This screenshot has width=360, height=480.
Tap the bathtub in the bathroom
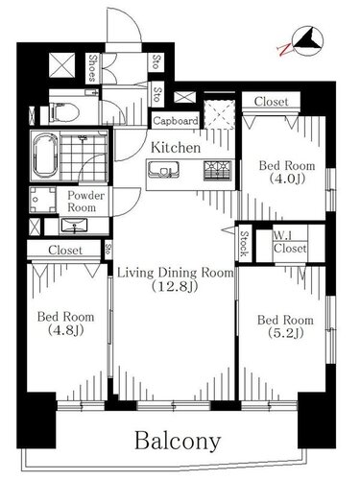[44, 156]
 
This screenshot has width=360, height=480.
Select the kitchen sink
[163, 169]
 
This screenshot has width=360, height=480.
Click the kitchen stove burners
[218, 170]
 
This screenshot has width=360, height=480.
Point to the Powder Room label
[85, 202]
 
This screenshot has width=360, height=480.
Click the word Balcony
[178, 442]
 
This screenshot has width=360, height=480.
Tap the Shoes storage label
[93, 68]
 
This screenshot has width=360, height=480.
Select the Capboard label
[176, 121]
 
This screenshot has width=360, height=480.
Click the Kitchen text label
[176, 147]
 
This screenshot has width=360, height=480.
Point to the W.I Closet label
[290, 242]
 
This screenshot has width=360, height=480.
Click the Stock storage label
[245, 244]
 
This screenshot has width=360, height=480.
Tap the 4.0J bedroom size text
[287, 179]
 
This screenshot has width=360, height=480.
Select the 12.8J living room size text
[175, 286]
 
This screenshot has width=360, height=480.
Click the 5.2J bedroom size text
[285, 333]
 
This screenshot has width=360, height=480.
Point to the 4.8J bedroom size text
[66, 330]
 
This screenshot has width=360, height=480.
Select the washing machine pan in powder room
[42, 200]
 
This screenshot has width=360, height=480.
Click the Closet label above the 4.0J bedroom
[271, 102]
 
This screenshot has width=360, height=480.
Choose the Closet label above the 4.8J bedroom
[65, 250]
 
